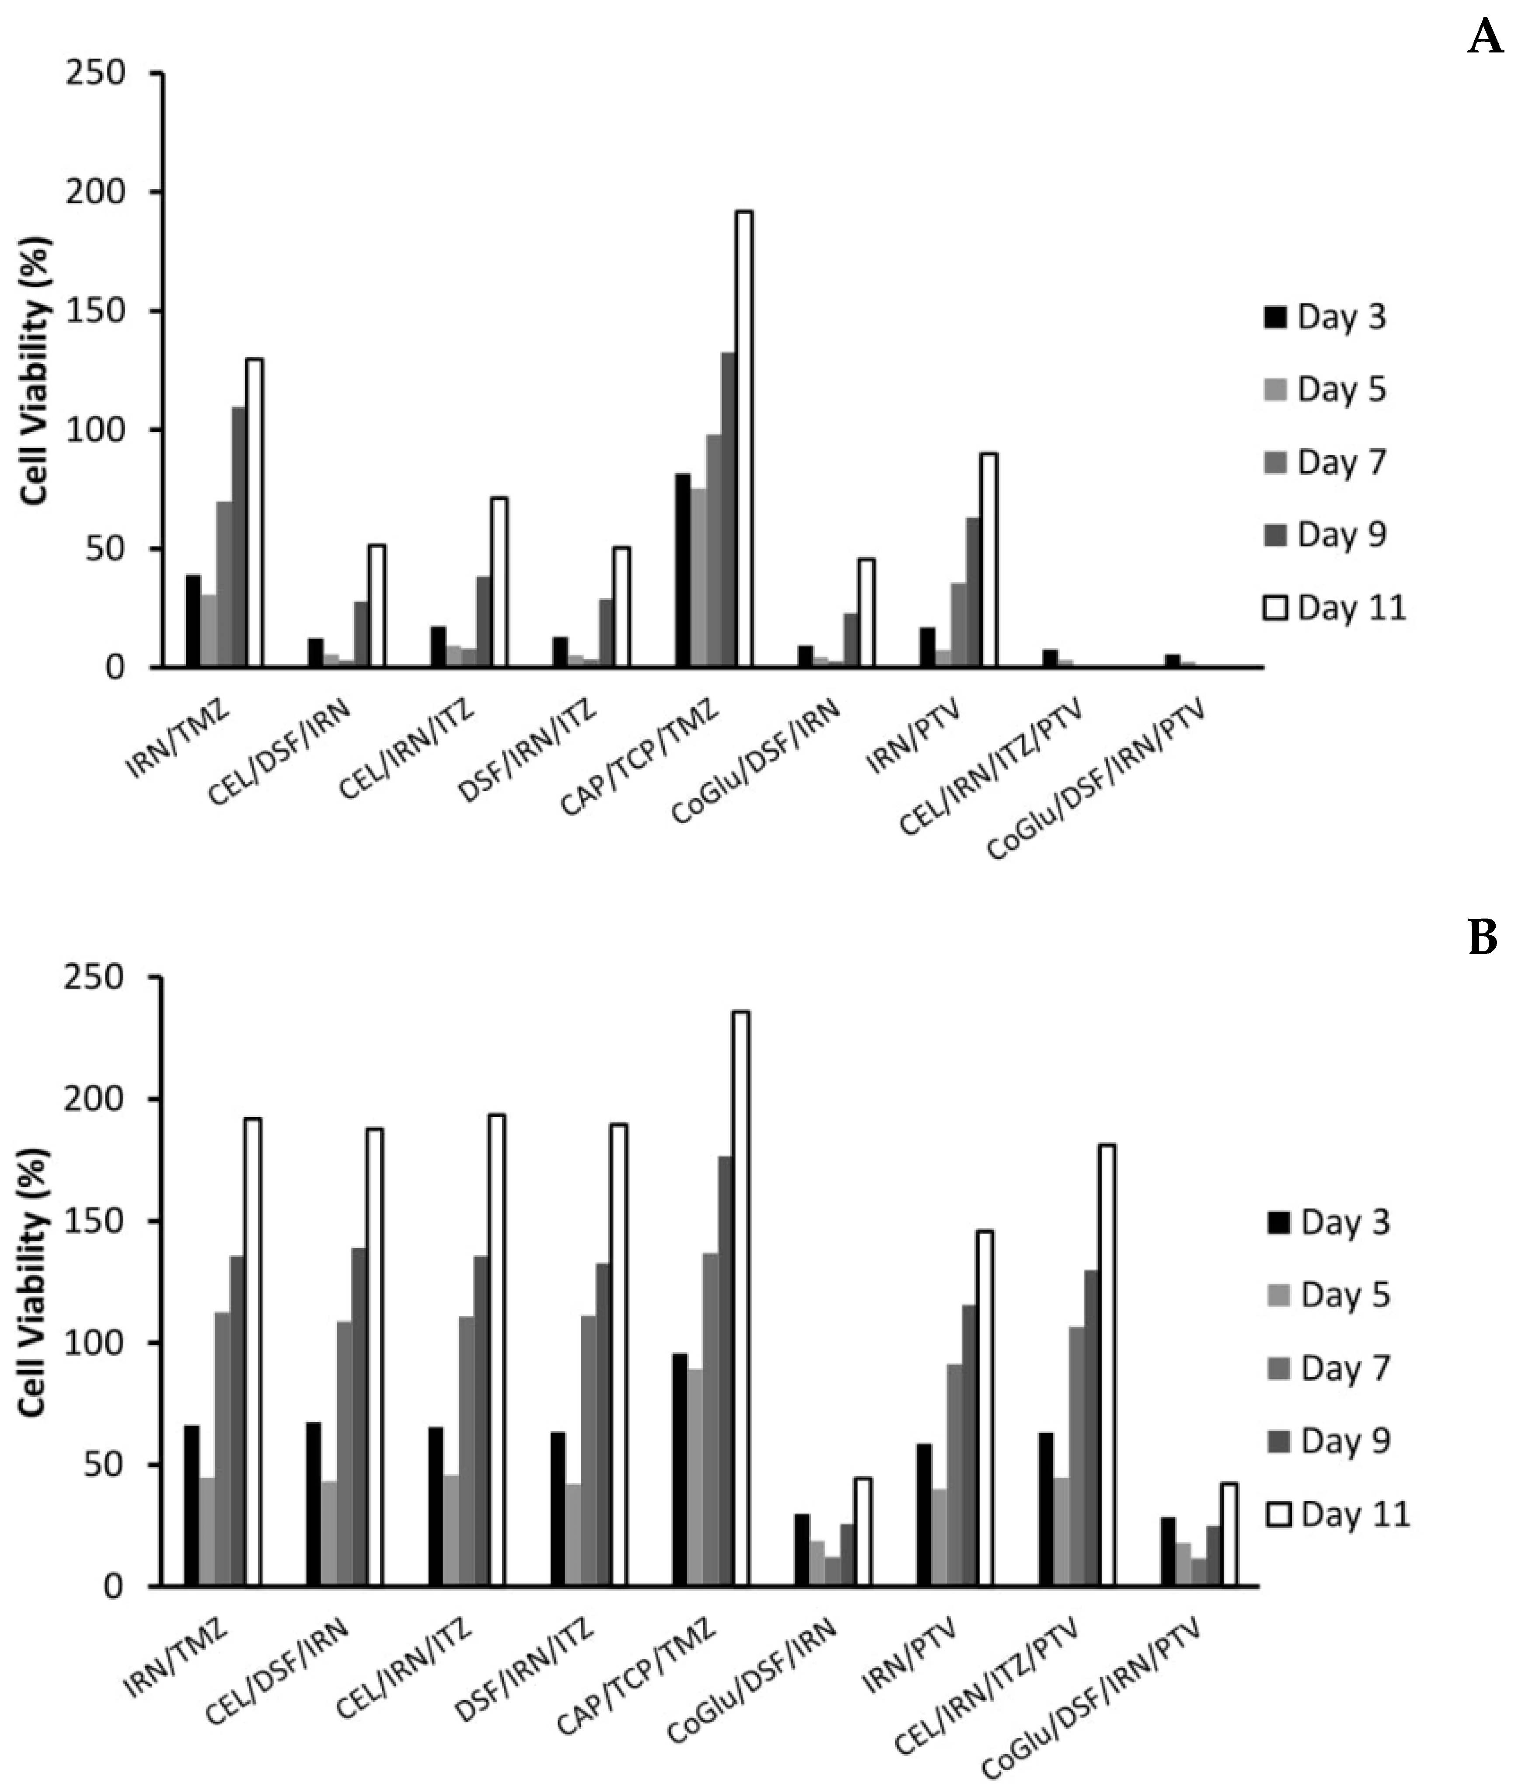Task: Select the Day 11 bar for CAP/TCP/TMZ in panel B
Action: pos(741,1299)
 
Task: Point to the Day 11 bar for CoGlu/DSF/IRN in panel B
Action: pos(863,1532)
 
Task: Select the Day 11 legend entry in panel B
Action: pos(1338,1514)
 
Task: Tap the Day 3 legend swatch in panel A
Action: pos(1275,318)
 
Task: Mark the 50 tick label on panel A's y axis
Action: pos(105,549)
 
